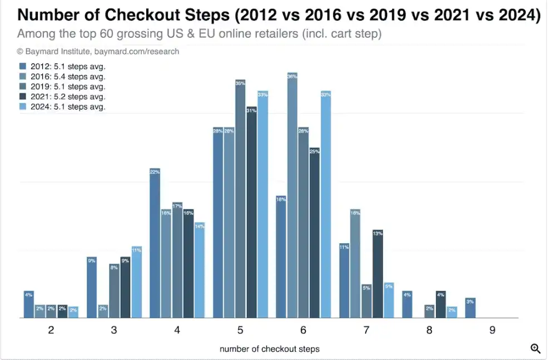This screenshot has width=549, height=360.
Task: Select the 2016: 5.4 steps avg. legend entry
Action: click(62, 76)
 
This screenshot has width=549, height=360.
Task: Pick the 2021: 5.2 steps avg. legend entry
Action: click(62, 96)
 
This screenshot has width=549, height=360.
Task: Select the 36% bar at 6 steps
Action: click(292, 195)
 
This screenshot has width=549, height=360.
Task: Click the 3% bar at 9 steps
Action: click(470, 308)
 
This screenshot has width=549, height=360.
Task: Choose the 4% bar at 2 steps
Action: click(29, 304)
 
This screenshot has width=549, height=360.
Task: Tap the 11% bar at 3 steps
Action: click(136, 282)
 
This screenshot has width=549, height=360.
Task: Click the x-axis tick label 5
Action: click(240, 331)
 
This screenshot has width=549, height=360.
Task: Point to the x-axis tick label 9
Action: click(492, 331)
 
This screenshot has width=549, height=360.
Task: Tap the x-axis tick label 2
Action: click(51, 331)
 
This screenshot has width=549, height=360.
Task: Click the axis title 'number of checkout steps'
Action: click(270, 349)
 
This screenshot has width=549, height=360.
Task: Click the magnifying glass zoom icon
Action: click(536, 348)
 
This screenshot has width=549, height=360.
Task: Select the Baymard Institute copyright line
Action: click(98, 51)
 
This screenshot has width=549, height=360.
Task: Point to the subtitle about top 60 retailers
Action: click(199, 34)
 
